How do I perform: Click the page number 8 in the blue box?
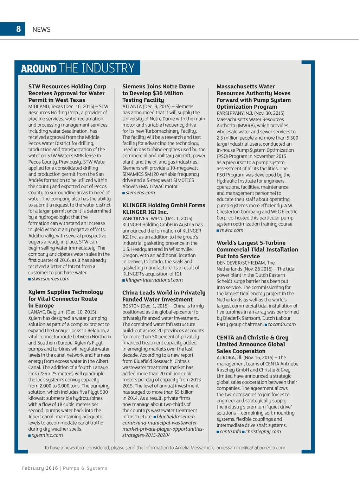(18, 29)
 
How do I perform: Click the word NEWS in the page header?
(41, 30)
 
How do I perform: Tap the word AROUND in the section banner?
(39, 68)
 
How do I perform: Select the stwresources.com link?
(50, 279)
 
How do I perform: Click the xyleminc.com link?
(47, 435)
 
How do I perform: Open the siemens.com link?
(140, 193)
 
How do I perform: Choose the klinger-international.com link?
(154, 280)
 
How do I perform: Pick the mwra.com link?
(231, 230)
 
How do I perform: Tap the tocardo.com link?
(282, 324)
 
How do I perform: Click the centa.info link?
(230, 432)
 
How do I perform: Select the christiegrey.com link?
(263, 432)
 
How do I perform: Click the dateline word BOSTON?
(131, 306)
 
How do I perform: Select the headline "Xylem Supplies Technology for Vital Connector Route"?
(65, 299)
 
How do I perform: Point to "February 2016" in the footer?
(40, 468)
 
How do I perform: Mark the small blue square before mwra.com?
(218, 231)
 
